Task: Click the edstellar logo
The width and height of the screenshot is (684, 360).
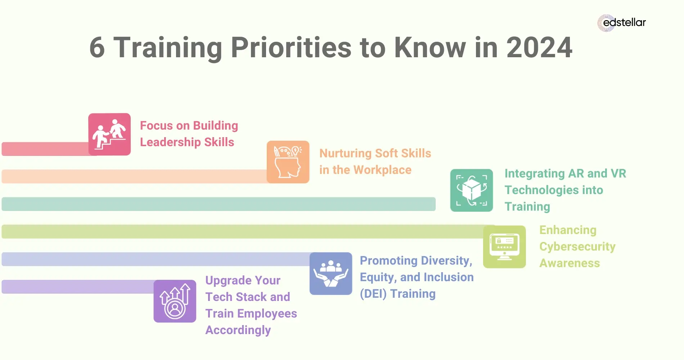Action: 622,23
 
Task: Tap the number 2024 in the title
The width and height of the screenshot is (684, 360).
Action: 539,48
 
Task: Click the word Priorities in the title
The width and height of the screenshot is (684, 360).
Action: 291,48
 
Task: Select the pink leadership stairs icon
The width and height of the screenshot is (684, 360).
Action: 109,134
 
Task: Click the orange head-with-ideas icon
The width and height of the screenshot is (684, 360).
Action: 288,162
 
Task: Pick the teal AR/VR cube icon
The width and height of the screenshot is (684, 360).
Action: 471,190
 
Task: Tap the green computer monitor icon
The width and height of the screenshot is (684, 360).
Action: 504,247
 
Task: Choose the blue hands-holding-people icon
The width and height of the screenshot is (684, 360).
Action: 330,274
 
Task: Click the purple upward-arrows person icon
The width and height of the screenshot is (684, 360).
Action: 175,301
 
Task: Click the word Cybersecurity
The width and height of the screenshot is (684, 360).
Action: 577,247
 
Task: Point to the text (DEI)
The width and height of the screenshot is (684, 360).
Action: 373,294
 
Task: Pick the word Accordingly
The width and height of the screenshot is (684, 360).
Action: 238,330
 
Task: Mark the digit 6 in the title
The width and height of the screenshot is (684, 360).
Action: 97,48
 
